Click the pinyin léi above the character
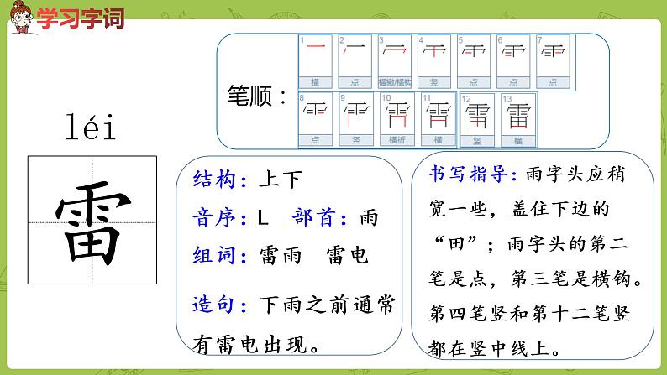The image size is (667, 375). (90, 128)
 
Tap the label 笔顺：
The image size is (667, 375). (257, 95)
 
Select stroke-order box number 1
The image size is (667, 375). (315, 60)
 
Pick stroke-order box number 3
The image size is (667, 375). (394, 60)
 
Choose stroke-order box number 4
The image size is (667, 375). (433, 60)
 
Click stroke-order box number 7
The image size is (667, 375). (552, 60)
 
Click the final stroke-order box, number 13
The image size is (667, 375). (518, 118)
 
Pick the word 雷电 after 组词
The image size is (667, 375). (346, 256)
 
